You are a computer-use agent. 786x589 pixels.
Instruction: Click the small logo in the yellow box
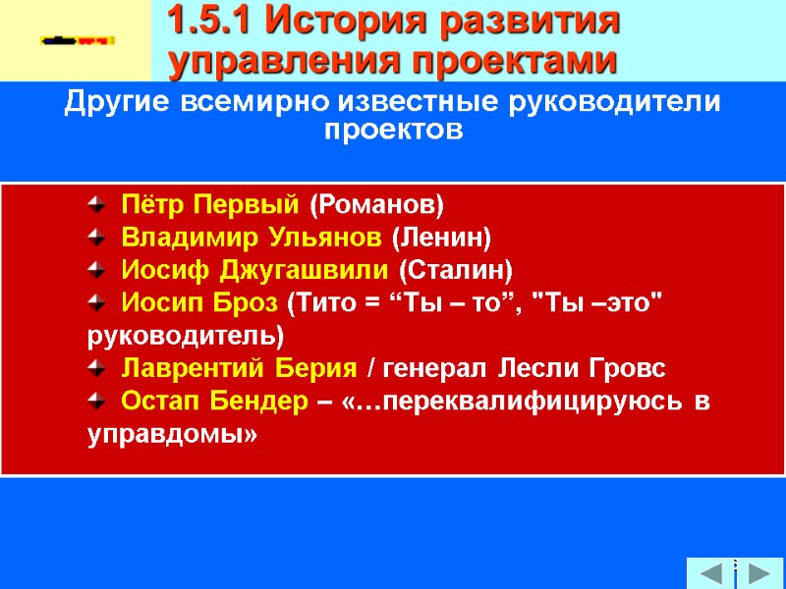(x=78, y=40)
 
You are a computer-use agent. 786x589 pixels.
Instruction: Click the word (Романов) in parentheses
(x=376, y=205)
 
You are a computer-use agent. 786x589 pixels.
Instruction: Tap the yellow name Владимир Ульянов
(x=251, y=238)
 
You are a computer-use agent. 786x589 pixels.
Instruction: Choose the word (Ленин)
(x=441, y=238)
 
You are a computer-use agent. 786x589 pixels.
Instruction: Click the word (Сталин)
(x=458, y=270)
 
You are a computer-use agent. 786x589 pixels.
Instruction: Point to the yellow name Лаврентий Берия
(x=238, y=369)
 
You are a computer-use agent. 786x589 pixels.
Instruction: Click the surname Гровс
(x=632, y=369)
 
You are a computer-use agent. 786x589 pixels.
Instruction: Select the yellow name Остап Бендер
(x=213, y=402)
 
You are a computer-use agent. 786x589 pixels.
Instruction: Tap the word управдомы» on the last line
(x=172, y=434)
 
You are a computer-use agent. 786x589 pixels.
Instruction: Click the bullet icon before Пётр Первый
(x=96, y=205)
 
